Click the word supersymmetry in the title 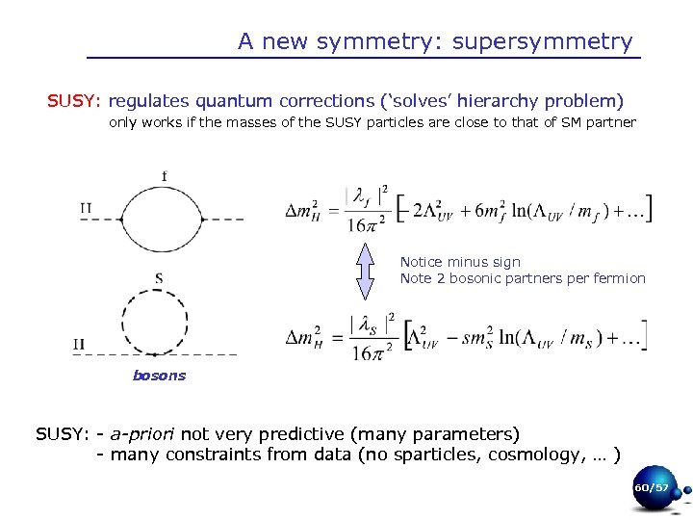pyautogui.click(x=542, y=42)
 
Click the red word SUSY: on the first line pyautogui.click(x=76, y=101)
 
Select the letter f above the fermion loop pyautogui.click(x=165, y=175)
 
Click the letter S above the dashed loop pyautogui.click(x=158, y=279)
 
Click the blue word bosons pyautogui.click(x=159, y=376)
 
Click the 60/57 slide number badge pyautogui.click(x=651, y=488)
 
